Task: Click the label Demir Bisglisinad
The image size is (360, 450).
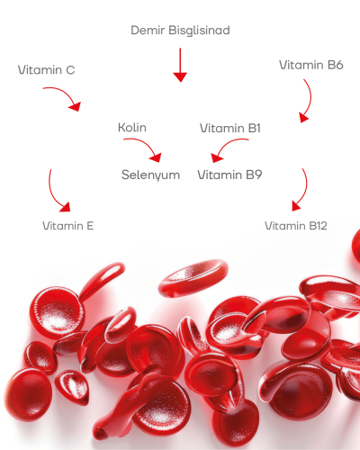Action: tap(180, 31)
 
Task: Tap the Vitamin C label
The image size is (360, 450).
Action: tap(46, 70)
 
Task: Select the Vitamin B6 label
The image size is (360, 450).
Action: tap(311, 65)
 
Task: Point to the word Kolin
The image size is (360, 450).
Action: tap(132, 128)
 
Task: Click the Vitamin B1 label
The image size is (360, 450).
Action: tap(230, 128)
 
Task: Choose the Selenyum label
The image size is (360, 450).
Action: tap(150, 175)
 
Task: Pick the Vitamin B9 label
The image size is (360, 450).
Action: tap(229, 175)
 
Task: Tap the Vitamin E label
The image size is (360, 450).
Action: tap(68, 226)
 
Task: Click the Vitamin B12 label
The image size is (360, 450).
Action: tap(295, 226)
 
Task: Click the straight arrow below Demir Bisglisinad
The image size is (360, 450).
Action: tap(180, 65)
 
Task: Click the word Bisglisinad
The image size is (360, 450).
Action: tap(199, 31)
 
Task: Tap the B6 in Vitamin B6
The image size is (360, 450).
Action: tap(335, 65)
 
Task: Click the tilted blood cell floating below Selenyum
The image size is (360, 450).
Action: tap(193, 278)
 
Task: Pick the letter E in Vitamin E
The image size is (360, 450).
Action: tap(90, 226)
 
